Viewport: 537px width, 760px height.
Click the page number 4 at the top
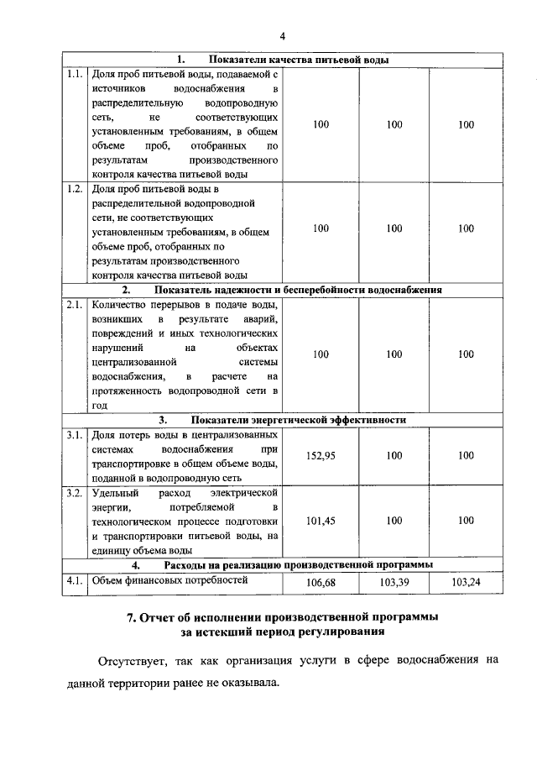point(283,35)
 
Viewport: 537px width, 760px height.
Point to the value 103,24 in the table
point(466,582)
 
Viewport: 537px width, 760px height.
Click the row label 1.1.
point(74,74)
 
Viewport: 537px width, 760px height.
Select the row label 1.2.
point(74,188)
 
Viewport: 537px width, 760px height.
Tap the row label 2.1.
point(74,305)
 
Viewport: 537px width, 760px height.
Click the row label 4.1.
point(74,579)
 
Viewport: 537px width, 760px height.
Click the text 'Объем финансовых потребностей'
point(169,579)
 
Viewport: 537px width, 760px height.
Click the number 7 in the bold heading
point(130,617)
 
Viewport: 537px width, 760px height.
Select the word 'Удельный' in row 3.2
point(112,492)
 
